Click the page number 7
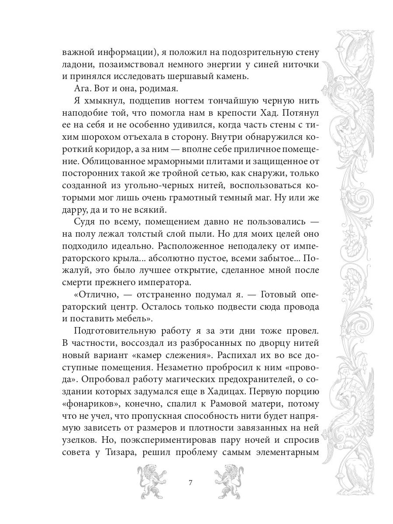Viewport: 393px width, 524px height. pos(190,483)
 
